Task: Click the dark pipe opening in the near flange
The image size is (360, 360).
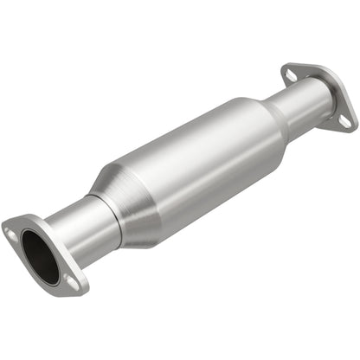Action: [40, 256]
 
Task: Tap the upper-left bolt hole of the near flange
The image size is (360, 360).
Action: [11, 233]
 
